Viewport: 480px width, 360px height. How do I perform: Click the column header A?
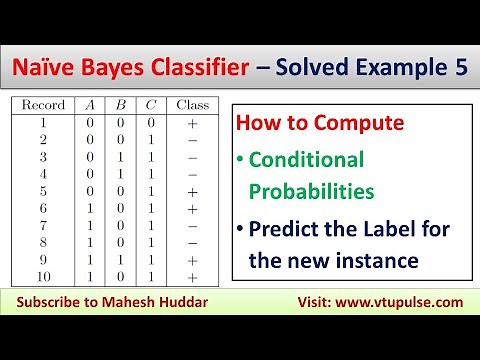click(92, 104)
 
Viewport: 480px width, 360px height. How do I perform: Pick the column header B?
click(119, 104)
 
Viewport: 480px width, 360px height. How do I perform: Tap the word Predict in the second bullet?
click(286, 228)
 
